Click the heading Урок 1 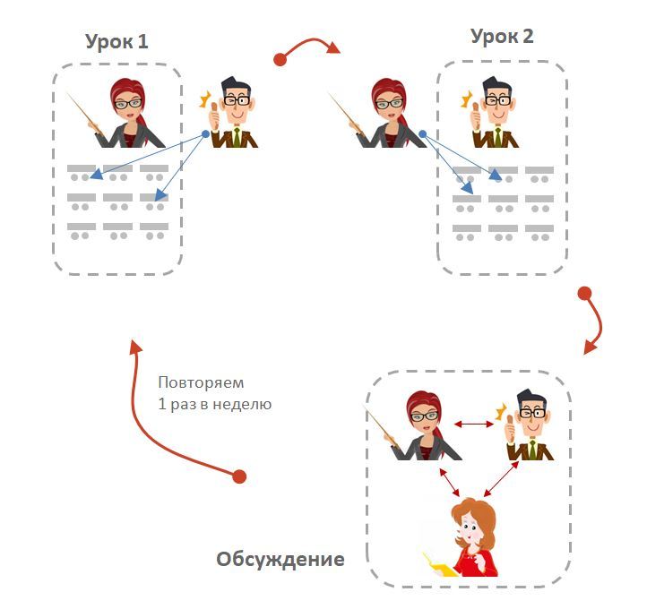pos(116,41)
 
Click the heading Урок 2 pos(502,36)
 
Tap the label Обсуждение pos(280,560)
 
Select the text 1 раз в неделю pos(214,404)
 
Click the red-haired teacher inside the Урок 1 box pos(131,112)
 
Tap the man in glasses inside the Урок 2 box pos(495,112)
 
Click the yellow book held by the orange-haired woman pos(438,564)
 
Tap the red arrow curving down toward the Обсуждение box pos(593,322)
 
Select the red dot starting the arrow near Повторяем pos(239,476)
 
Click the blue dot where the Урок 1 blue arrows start pos(206,134)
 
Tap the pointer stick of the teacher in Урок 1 pos(86,112)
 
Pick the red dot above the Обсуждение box pos(584,294)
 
